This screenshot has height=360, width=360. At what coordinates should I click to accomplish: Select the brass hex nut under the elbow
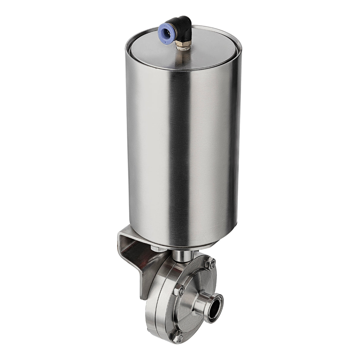pos(179,45)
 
